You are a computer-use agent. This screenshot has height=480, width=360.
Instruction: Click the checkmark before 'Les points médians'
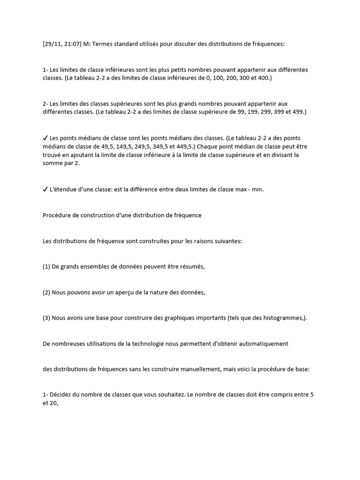tap(45, 138)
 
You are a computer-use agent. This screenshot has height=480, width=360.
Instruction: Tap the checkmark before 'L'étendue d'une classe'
tap(45, 190)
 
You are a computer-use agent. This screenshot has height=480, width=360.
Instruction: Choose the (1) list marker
tap(46, 267)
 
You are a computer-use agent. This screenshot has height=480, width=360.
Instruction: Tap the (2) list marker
tap(46, 292)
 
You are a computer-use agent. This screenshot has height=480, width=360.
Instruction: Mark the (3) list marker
tap(46, 318)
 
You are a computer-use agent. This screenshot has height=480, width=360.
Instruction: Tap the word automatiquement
tap(264, 344)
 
